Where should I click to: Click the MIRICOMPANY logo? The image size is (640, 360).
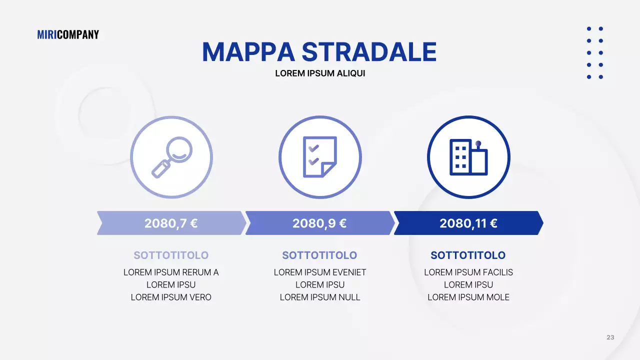(x=68, y=34)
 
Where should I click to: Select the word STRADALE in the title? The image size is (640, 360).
(x=369, y=52)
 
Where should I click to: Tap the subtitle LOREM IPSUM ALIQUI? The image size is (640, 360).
(x=320, y=73)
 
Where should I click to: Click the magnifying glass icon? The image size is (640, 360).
(x=171, y=157)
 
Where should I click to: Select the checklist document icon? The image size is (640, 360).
(x=320, y=157)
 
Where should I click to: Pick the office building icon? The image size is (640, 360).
(x=468, y=157)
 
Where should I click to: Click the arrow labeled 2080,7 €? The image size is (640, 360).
(x=171, y=223)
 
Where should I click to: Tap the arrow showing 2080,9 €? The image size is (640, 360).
(x=319, y=223)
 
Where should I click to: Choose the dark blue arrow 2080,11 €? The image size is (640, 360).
(x=468, y=223)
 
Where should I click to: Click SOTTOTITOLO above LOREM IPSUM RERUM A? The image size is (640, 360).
(x=171, y=255)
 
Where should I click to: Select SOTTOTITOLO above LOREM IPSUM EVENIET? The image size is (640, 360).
(x=319, y=255)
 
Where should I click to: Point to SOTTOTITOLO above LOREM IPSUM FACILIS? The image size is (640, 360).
(x=468, y=255)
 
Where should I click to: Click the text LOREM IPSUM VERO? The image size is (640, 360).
(x=171, y=297)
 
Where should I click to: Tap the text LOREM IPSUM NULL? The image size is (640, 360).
(x=320, y=297)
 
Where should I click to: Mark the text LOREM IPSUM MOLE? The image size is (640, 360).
(x=468, y=297)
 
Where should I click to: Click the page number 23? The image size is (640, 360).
(x=610, y=337)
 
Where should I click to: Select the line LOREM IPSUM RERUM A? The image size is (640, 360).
(x=171, y=272)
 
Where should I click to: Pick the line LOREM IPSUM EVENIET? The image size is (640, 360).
(x=320, y=272)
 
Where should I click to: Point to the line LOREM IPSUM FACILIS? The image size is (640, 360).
(x=468, y=272)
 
